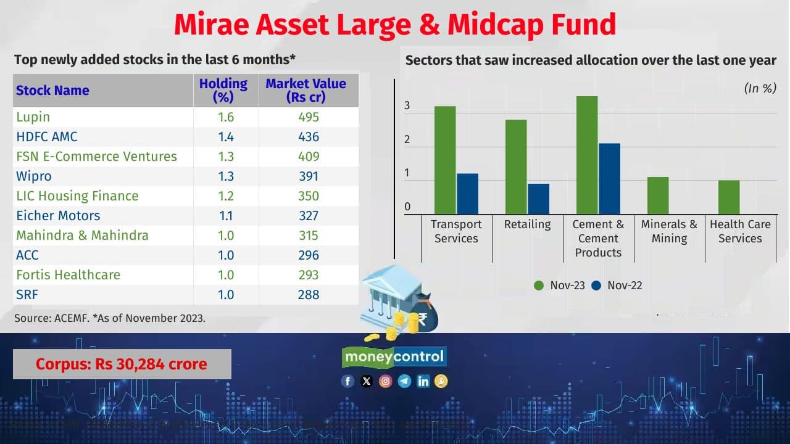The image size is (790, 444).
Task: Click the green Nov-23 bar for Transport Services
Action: coord(445,160)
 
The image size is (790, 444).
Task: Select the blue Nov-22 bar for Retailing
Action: coord(538,199)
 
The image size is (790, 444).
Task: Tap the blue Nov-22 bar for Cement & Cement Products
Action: coord(609,179)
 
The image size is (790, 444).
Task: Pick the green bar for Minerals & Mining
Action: coord(658,195)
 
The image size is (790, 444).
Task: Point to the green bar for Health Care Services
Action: coord(729,197)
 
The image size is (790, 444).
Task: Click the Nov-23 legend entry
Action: coord(559,286)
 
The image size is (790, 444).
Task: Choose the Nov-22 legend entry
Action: coord(617,286)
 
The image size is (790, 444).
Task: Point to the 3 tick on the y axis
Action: coord(407,106)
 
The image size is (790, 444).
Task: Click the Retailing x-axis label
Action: coord(527,224)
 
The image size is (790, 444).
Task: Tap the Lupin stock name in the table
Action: coord(33,117)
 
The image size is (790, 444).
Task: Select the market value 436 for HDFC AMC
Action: coord(308,137)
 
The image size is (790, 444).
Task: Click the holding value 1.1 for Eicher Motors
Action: coord(226,216)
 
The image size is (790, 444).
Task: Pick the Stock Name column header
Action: coord(52,91)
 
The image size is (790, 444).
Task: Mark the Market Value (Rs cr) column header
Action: coord(306,90)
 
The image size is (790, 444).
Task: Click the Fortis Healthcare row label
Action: coord(69,275)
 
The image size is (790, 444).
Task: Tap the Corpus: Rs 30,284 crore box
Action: coord(122,364)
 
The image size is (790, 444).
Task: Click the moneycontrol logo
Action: coord(394,356)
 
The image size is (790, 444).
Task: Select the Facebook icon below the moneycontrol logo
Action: coord(347,381)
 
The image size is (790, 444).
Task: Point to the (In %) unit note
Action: coord(760,88)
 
